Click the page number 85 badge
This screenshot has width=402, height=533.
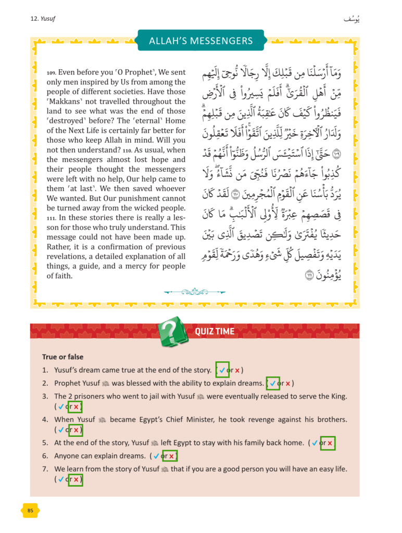pos(30,511)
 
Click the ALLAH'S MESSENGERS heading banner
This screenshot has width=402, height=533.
pos(200,41)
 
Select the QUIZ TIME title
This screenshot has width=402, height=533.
pos(215,331)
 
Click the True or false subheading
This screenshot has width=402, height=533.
pos(62,357)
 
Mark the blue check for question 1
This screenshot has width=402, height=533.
pos(222,370)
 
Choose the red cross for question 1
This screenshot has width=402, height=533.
pos(237,370)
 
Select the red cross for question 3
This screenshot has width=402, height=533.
pos(76,407)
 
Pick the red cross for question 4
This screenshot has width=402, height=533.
pos(76,430)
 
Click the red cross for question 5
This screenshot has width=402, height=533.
pos(330,443)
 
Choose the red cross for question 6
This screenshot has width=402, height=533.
pos(171,456)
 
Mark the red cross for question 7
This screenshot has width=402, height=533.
pos(76,480)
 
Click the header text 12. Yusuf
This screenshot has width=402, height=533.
pos(43,19)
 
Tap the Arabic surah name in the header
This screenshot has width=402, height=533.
pos(351,19)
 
